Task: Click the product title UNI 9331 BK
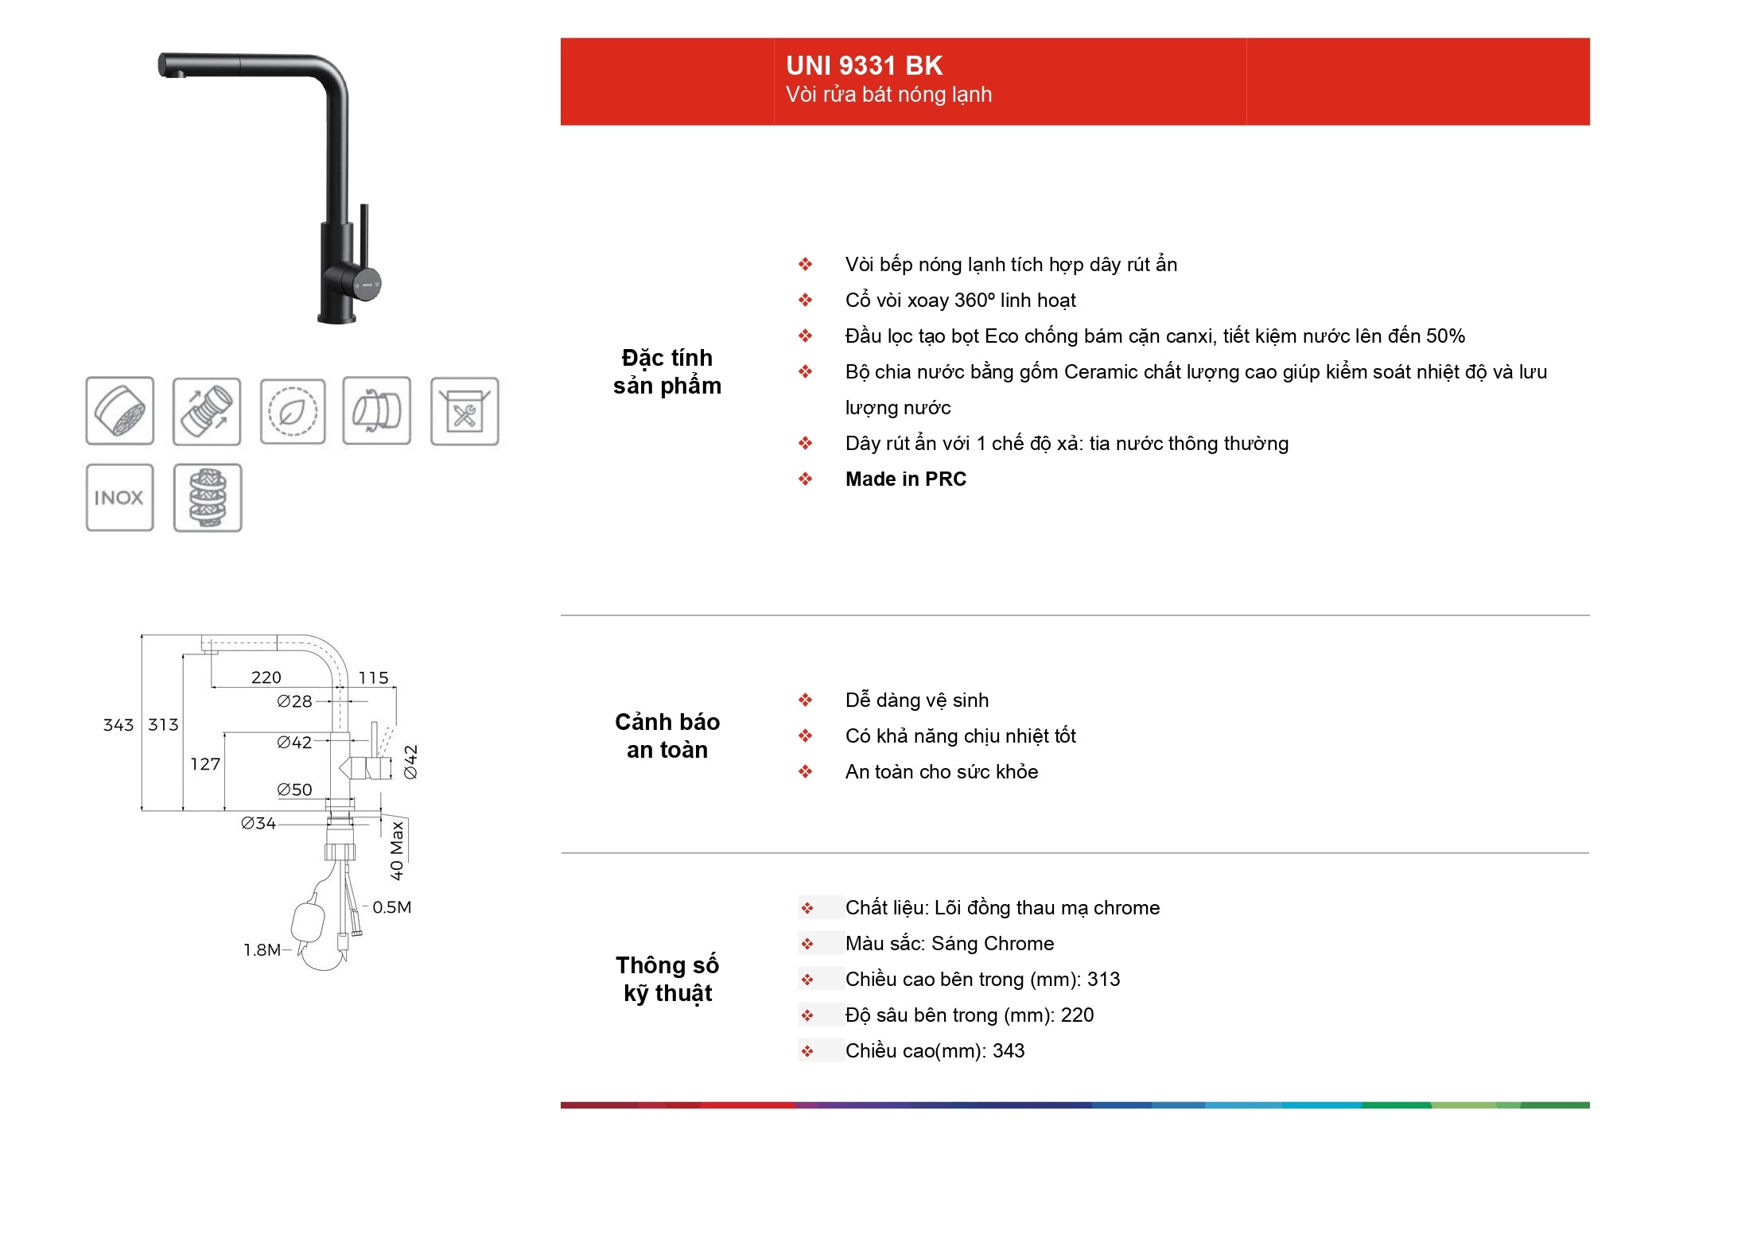[x=864, y=65]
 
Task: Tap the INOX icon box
[x=119, y=498]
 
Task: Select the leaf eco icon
[x=293, y=411]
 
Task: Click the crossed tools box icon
[x=465, y=411]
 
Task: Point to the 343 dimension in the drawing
[x=119, y=725]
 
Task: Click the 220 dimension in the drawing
[x=266, y=677]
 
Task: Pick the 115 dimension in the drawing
[x=373, y=677]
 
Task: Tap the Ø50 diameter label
[x=294, y=790]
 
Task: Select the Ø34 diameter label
[x=258, y=823]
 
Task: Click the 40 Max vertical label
[x=397, y=851]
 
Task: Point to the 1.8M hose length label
[x=262, y=950]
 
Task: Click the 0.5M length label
[x=391, y=907]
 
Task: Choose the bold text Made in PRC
[x=905, y=479]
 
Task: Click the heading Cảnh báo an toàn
[x=667, y=735]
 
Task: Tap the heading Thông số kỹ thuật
[x=667, y=979]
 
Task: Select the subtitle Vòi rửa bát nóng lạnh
[x=888, y=95]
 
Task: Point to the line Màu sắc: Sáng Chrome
[x=950, y=944]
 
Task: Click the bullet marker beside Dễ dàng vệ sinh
[x=806, y=700]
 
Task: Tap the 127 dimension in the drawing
[x=205, y=764]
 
